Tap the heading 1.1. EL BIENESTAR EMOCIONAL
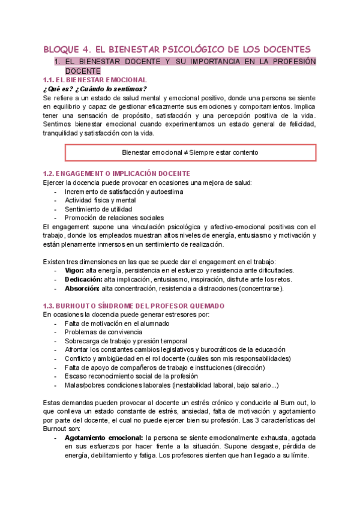tap(95, 80)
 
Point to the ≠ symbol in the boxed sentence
tap(187, 152)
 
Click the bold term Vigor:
tap(74, 270)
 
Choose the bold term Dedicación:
tap(83, 279)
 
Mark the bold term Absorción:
tap(82, 288)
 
